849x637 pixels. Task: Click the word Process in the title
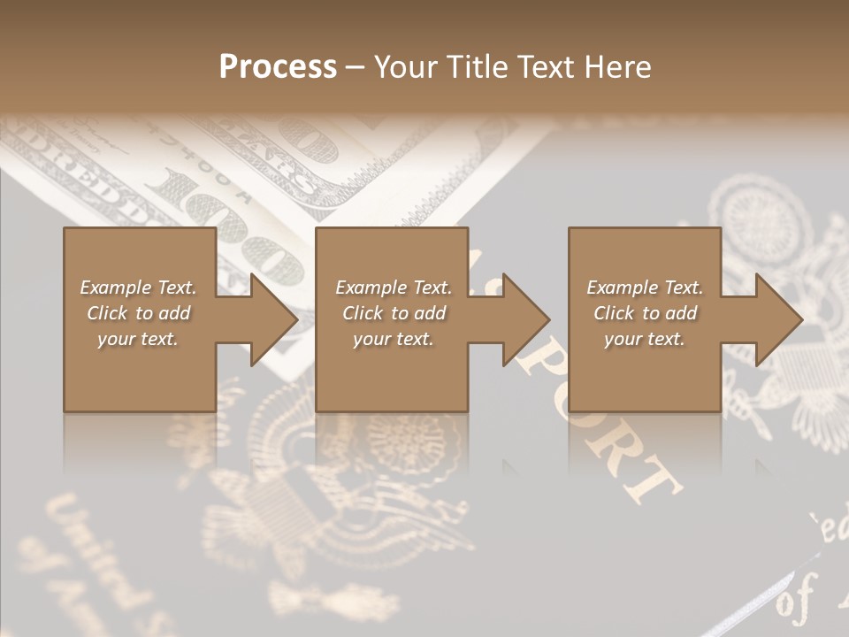278,67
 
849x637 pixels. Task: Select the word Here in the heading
616,67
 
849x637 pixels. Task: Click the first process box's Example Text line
138,288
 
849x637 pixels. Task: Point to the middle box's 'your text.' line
393,339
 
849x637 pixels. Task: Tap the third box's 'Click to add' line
645,313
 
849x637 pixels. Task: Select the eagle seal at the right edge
796,265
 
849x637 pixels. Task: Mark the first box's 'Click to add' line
138,313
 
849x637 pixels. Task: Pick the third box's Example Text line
645,288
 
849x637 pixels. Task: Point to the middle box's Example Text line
393,288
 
